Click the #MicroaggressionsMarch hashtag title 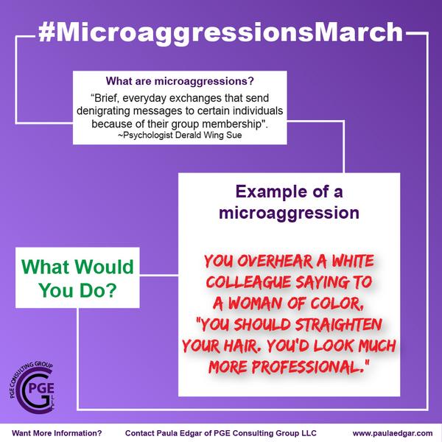(x=221, y=32)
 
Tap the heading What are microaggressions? (x=180, y=81)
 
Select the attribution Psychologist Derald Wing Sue (x=180, y=136)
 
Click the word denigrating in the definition (x=103, y=111)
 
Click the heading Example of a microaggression (x=289, y=202)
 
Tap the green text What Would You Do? (x=77, y=278)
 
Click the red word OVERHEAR (x=275, y=262)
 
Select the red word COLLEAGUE (x=249, y=282)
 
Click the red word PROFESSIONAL (x=306, y=367)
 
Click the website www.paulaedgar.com (x=393, y=433)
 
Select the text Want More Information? (x=57, y=433)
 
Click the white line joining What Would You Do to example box (x=159, y=275)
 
